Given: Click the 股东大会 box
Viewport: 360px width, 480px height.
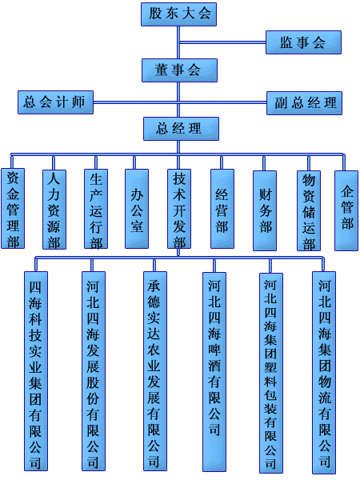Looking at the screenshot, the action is [178, 14].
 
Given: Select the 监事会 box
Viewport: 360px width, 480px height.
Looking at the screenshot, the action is [303, 42].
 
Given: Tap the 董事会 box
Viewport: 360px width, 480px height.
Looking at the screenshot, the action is [179, 70].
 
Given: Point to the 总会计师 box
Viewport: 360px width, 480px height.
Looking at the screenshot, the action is [55, 102].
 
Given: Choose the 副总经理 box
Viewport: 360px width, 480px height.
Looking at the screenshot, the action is [304, 103].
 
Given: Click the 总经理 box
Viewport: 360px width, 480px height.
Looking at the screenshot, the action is [182, 129].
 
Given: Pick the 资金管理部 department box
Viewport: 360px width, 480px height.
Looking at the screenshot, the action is [13, 208].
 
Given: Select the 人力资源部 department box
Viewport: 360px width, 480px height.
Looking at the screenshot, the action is [54, 210].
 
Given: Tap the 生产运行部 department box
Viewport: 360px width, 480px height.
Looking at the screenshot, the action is [96, 209].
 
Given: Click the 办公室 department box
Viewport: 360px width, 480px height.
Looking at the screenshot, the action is [137, 209].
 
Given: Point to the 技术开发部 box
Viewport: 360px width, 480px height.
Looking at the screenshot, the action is [179, 209].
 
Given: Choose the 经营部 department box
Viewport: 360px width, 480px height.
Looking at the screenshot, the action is [222, 209].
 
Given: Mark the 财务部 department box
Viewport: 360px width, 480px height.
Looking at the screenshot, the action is [265, 210].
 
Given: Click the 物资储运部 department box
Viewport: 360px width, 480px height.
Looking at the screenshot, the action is [309, 210].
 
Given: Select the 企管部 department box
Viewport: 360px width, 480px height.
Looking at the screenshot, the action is [346, 210].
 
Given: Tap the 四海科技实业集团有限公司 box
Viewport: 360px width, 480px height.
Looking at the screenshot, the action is [36, 371].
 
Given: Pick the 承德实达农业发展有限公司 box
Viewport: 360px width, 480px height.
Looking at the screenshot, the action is [155, 371].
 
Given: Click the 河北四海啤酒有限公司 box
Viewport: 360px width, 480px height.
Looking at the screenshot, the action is [214, 372].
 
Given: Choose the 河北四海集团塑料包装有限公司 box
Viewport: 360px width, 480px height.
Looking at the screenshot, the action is [271, 373].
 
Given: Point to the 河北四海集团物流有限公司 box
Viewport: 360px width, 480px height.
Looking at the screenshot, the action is [324, 372].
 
